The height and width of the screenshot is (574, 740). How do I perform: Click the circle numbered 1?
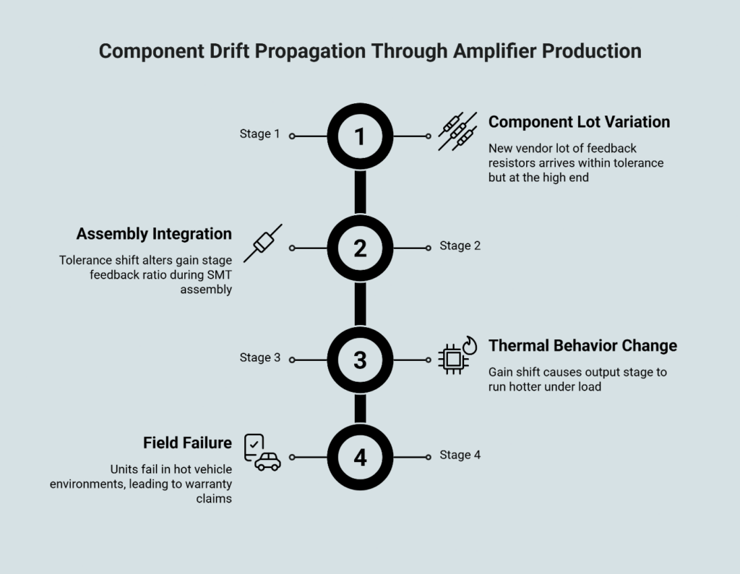pos(360,136)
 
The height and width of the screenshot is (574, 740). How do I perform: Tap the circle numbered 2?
pos(360,248)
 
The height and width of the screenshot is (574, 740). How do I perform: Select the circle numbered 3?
pos(360,359)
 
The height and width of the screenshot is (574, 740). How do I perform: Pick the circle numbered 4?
pos(360,457)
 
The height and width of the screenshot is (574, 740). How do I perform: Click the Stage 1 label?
pos(259,134)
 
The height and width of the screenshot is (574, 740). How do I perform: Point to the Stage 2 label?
pos(460,245)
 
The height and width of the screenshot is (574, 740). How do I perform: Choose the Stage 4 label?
pos(460,455)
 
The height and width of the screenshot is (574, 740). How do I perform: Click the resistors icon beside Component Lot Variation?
pos(457,131)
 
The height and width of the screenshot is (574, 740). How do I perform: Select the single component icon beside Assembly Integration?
pos(262,243)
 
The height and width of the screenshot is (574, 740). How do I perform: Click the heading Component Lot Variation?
pos(579,122)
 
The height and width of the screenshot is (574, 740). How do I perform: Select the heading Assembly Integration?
pos(154,234)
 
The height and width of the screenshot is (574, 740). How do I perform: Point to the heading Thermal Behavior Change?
pos(582,346)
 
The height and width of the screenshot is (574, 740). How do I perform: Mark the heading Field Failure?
pos(187,443)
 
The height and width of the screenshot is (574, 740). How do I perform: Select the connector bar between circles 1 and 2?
pos(360,192)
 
